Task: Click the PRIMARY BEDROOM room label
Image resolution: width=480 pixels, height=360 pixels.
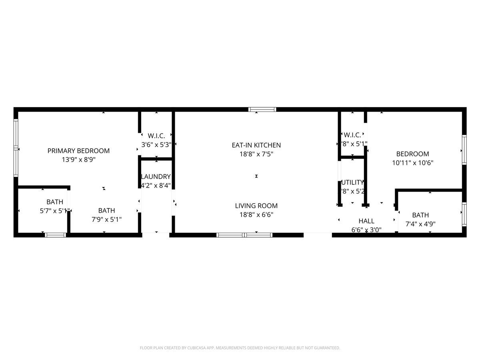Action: [78, 151]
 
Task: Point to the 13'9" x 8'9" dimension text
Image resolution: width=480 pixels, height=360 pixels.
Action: [78, 160]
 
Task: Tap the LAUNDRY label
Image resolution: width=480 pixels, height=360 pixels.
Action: [156, 177]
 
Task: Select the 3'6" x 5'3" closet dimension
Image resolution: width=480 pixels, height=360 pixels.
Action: [156, 144]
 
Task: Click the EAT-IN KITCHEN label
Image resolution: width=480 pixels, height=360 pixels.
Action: [256, 145]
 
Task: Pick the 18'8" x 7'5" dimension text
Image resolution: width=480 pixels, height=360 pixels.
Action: [256, 154]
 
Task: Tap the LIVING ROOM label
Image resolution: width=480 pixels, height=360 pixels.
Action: [256, 206]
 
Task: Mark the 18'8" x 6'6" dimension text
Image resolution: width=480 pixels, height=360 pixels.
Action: [256, 214]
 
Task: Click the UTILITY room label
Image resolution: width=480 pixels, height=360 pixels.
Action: [352, 182]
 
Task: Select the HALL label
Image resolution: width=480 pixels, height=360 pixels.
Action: [366, 221]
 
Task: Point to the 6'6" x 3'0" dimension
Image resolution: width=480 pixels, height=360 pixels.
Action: [366, 230]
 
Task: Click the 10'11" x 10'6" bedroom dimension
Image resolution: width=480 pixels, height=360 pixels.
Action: [412, 163]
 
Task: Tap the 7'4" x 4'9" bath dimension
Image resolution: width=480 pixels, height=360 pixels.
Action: [420, 224]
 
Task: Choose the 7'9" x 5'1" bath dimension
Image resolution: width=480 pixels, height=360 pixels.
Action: [106, 219]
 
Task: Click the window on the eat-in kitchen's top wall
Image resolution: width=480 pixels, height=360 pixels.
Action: [262, 109]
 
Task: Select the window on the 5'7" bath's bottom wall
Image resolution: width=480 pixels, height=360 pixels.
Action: [56, 235]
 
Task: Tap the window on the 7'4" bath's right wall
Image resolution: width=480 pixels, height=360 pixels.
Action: [464, 214]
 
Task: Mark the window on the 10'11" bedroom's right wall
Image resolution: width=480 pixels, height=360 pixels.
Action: [464, 150]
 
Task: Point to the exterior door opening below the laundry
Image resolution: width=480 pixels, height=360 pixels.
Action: [156, 235]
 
